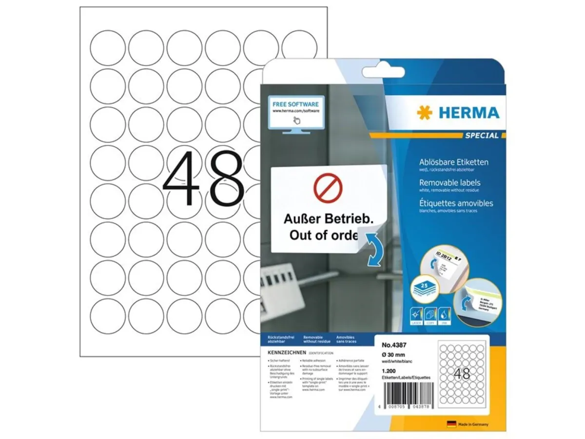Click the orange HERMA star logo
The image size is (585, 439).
424,113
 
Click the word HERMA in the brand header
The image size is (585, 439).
469,113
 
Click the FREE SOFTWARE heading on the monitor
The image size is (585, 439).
296,104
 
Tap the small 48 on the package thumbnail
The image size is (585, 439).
462,374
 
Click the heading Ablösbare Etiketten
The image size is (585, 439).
453,162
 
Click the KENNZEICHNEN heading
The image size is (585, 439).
287,352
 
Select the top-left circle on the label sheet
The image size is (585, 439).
108,48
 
